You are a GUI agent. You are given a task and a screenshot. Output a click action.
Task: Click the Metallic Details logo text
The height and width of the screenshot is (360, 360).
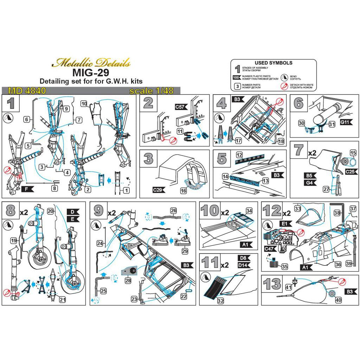click(91, 64)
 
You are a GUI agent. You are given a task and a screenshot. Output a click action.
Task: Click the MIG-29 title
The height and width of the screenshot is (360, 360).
click(91, 73)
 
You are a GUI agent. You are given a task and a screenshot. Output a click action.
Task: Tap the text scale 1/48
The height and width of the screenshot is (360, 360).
click(152, 91)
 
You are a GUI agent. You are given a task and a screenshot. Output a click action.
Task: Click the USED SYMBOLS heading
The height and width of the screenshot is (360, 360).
click(273, 63)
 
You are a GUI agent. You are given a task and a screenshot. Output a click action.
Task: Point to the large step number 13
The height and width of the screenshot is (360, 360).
click(271, 284)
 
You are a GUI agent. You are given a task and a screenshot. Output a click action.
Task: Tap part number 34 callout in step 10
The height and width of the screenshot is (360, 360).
click(249, 211)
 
